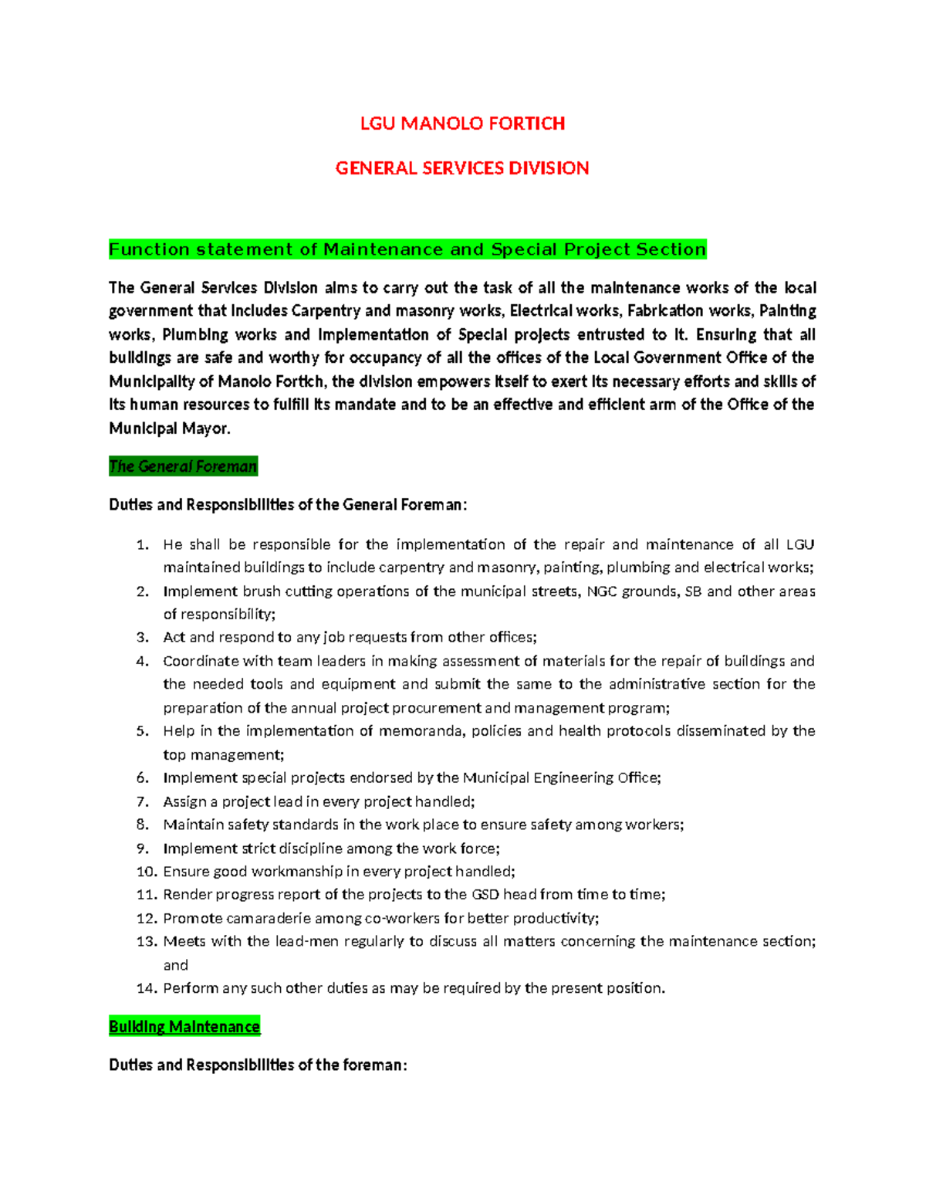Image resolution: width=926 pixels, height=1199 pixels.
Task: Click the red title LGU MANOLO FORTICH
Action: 462,124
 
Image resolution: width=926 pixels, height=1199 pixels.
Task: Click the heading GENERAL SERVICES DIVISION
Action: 462,168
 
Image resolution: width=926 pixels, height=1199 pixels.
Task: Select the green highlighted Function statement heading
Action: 407,249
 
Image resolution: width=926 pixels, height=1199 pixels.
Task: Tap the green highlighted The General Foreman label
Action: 183,466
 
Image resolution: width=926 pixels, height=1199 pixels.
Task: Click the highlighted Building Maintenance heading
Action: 184,1027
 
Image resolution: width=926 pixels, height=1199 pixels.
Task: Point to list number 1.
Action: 142,545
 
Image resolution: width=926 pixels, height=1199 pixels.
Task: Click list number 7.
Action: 142,801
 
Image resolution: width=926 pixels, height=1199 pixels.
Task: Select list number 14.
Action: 147,988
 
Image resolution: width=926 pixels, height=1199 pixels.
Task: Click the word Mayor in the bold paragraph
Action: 209,428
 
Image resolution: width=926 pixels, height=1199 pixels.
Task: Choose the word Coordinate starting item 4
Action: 201,662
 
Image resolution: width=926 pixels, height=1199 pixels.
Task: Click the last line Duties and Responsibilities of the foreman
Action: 258,1065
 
